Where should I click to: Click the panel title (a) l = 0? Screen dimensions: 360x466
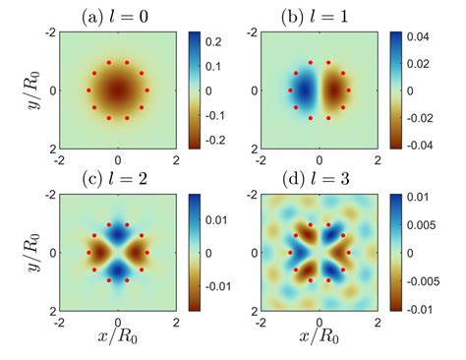118,16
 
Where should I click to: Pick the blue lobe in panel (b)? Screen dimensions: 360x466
306,91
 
